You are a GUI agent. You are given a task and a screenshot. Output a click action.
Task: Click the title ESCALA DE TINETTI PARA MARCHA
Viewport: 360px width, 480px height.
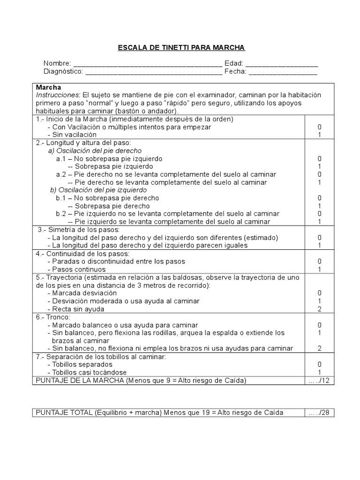[x=181, y=48]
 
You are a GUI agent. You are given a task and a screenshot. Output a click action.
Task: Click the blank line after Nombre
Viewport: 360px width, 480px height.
[x=148, y=65]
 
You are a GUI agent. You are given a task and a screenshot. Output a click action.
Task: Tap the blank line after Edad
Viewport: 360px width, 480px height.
[x=281, y=65]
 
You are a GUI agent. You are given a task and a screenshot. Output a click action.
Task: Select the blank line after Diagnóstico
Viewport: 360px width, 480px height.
[x=154, y=73]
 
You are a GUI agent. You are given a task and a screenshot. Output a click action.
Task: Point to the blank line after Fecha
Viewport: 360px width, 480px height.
[x=283, y=73]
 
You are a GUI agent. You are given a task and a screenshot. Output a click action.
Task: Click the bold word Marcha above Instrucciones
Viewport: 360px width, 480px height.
[x=49, y=88]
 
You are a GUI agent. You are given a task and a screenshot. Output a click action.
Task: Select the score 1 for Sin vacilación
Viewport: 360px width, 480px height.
[x=319, y=135]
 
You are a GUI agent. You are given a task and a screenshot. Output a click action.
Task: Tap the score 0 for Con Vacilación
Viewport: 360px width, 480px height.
[x=319, y=127]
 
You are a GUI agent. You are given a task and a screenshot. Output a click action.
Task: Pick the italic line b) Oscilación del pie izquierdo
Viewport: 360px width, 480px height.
[x=98, y=190]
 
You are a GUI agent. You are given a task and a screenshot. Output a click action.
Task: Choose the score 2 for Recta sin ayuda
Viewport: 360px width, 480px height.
[x=319, y=309]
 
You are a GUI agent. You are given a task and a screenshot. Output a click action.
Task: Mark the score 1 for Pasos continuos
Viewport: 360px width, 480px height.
[x=319, y=270]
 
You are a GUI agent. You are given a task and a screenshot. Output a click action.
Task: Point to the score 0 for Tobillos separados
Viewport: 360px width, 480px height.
[x=319, y=364]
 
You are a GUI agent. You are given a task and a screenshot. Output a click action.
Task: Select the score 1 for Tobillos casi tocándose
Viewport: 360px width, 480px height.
[x=319, y=372]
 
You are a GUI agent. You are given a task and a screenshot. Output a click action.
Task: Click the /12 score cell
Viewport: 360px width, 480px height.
[x=319, y=381]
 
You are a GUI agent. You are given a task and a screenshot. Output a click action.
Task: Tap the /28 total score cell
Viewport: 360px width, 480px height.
[x=319, y=412]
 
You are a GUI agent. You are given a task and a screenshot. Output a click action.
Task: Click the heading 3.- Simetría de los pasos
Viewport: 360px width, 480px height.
[x=79, y=230]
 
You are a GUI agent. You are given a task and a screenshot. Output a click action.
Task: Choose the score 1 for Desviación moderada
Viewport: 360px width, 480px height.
[x=319, y=301]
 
